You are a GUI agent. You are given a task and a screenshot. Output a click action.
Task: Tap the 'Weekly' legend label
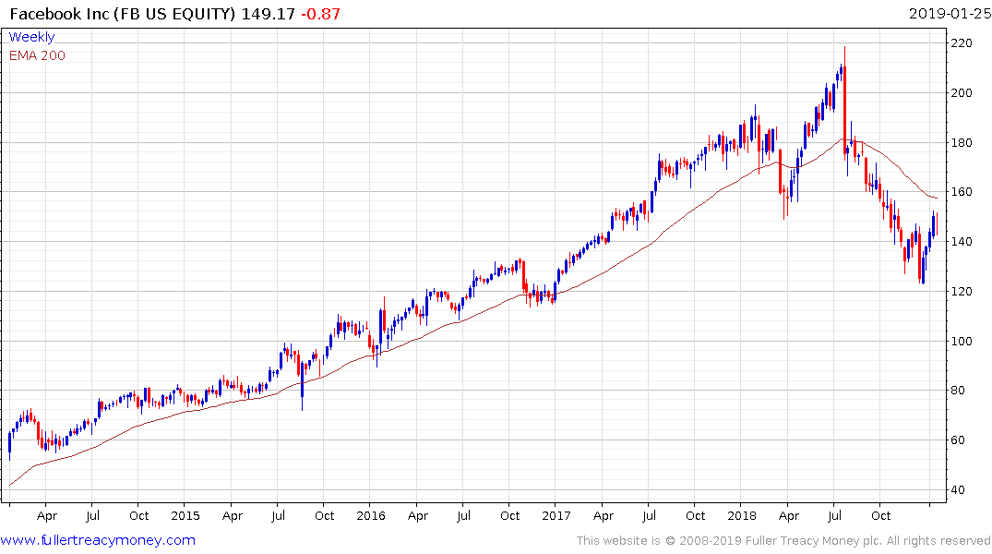(31, 37)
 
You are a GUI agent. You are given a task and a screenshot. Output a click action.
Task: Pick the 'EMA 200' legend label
(37, 55)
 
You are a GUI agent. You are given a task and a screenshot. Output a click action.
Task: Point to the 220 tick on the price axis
(964, 43)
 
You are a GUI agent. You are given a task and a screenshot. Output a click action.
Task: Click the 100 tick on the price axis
(964, 341)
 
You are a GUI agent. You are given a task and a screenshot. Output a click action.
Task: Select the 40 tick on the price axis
(961, 490)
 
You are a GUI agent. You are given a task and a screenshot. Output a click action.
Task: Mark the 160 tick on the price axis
(964, 192)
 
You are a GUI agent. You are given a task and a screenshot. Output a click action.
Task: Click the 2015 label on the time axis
(185, 516)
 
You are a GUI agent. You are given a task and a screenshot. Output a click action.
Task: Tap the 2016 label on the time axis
(370, 516)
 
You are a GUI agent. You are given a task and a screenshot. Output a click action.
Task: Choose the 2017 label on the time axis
(556, 516)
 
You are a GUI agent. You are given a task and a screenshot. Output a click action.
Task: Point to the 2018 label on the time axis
(741, 516)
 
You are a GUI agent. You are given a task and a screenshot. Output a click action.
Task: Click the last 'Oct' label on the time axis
(881, 516)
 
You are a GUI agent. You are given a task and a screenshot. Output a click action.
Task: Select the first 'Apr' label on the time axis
(47, 516)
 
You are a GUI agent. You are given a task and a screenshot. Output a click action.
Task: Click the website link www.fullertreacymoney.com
(98, 540)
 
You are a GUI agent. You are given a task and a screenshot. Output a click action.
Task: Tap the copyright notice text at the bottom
(783, 541)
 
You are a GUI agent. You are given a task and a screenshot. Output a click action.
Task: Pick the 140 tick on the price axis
(964, 242)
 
